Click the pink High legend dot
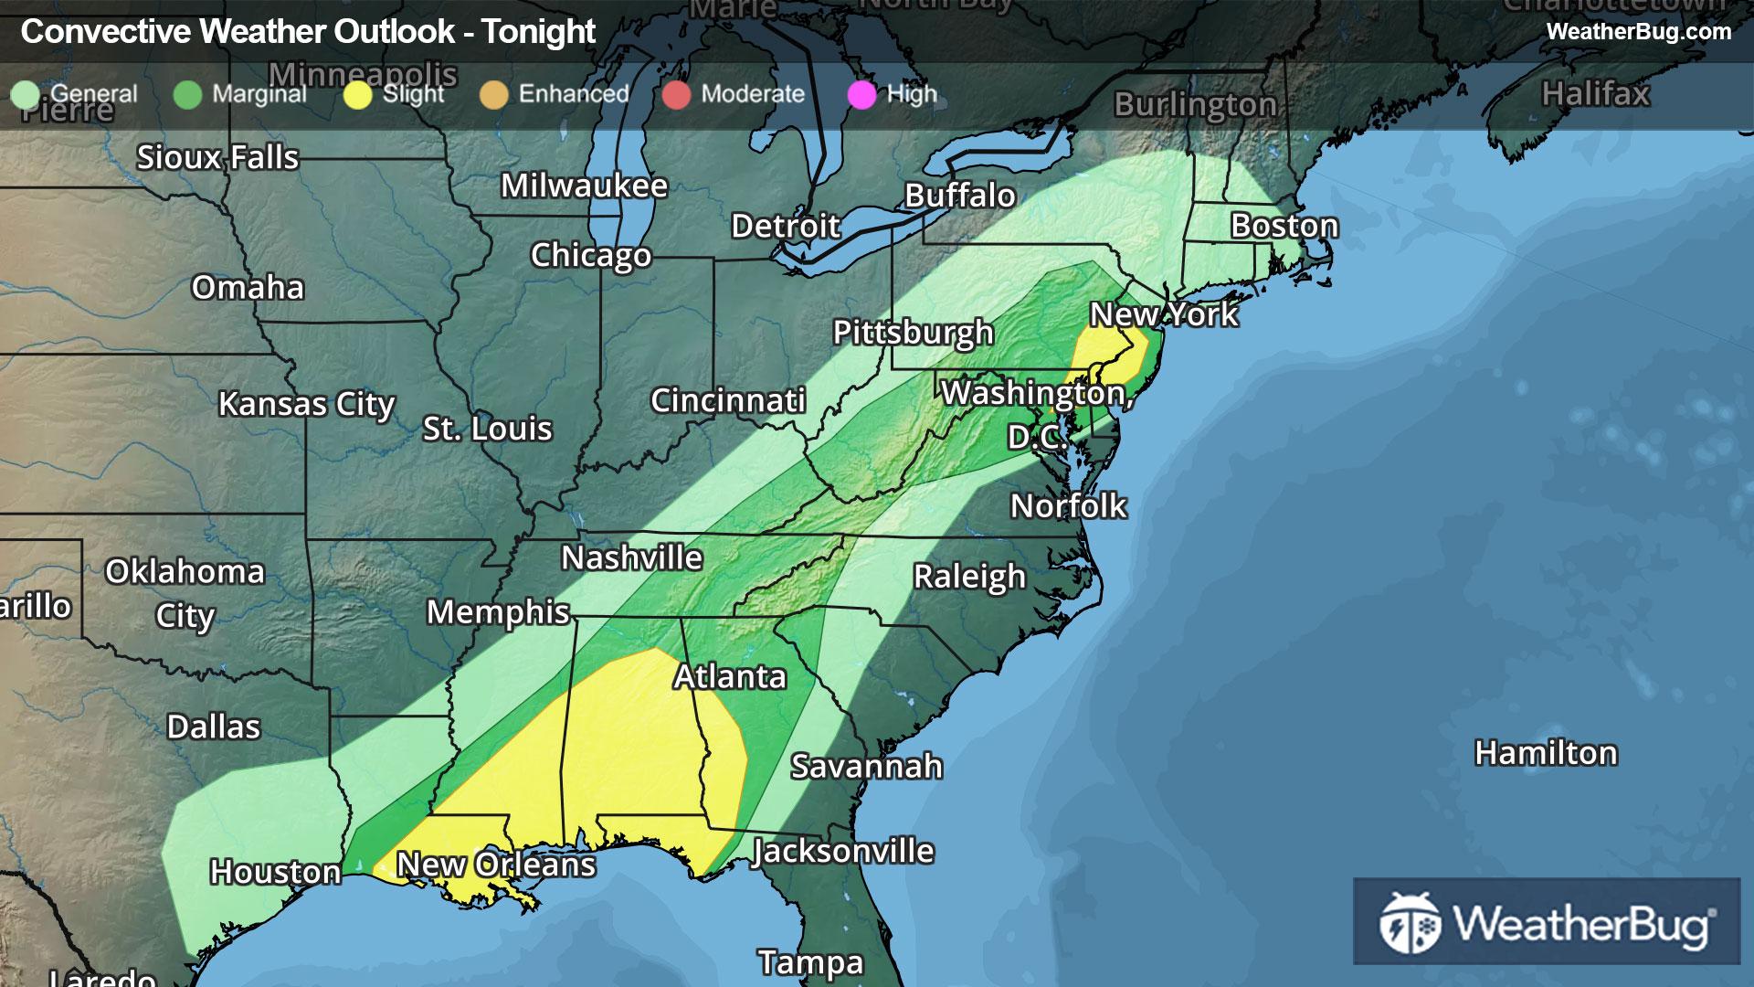point(861,94)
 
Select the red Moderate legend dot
point(676,94)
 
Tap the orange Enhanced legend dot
point(493,94)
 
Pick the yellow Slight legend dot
point(358,94)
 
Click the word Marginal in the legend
point(259,94)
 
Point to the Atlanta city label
point(730,676)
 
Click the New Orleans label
point(496,865)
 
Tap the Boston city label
point(1284,226)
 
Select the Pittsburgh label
point(913,333)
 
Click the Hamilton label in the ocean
point(1546,753)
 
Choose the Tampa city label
point(810,962)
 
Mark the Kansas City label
point(306,404)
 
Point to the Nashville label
point(631,557)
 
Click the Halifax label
point(1595,93)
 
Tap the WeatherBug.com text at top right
point(1638,31)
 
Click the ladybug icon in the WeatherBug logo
point(1410,923)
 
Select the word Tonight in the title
point(539,32)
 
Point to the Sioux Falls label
point(217,157)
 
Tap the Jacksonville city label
point(842,852)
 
